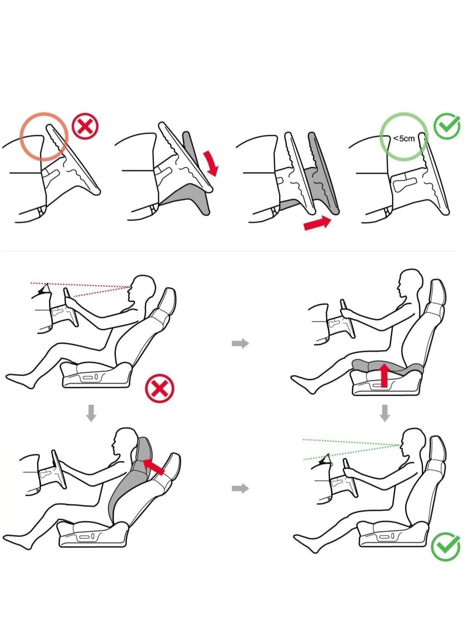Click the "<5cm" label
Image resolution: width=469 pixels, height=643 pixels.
[x=404, y=138]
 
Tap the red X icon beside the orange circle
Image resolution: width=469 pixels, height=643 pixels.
[x=85, y=127]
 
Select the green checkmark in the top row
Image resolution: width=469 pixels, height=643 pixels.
[x=447, y=127]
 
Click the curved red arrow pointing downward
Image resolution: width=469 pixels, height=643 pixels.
[x=211, y=163]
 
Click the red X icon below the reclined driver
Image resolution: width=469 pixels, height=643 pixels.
[x=160, y=389]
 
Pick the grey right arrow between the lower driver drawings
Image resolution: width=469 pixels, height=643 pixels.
[x=240, y=488]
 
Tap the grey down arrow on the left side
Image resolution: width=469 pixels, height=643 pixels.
[x=91, y=413]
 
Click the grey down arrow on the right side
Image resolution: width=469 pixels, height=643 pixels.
[x=385, y=413]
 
